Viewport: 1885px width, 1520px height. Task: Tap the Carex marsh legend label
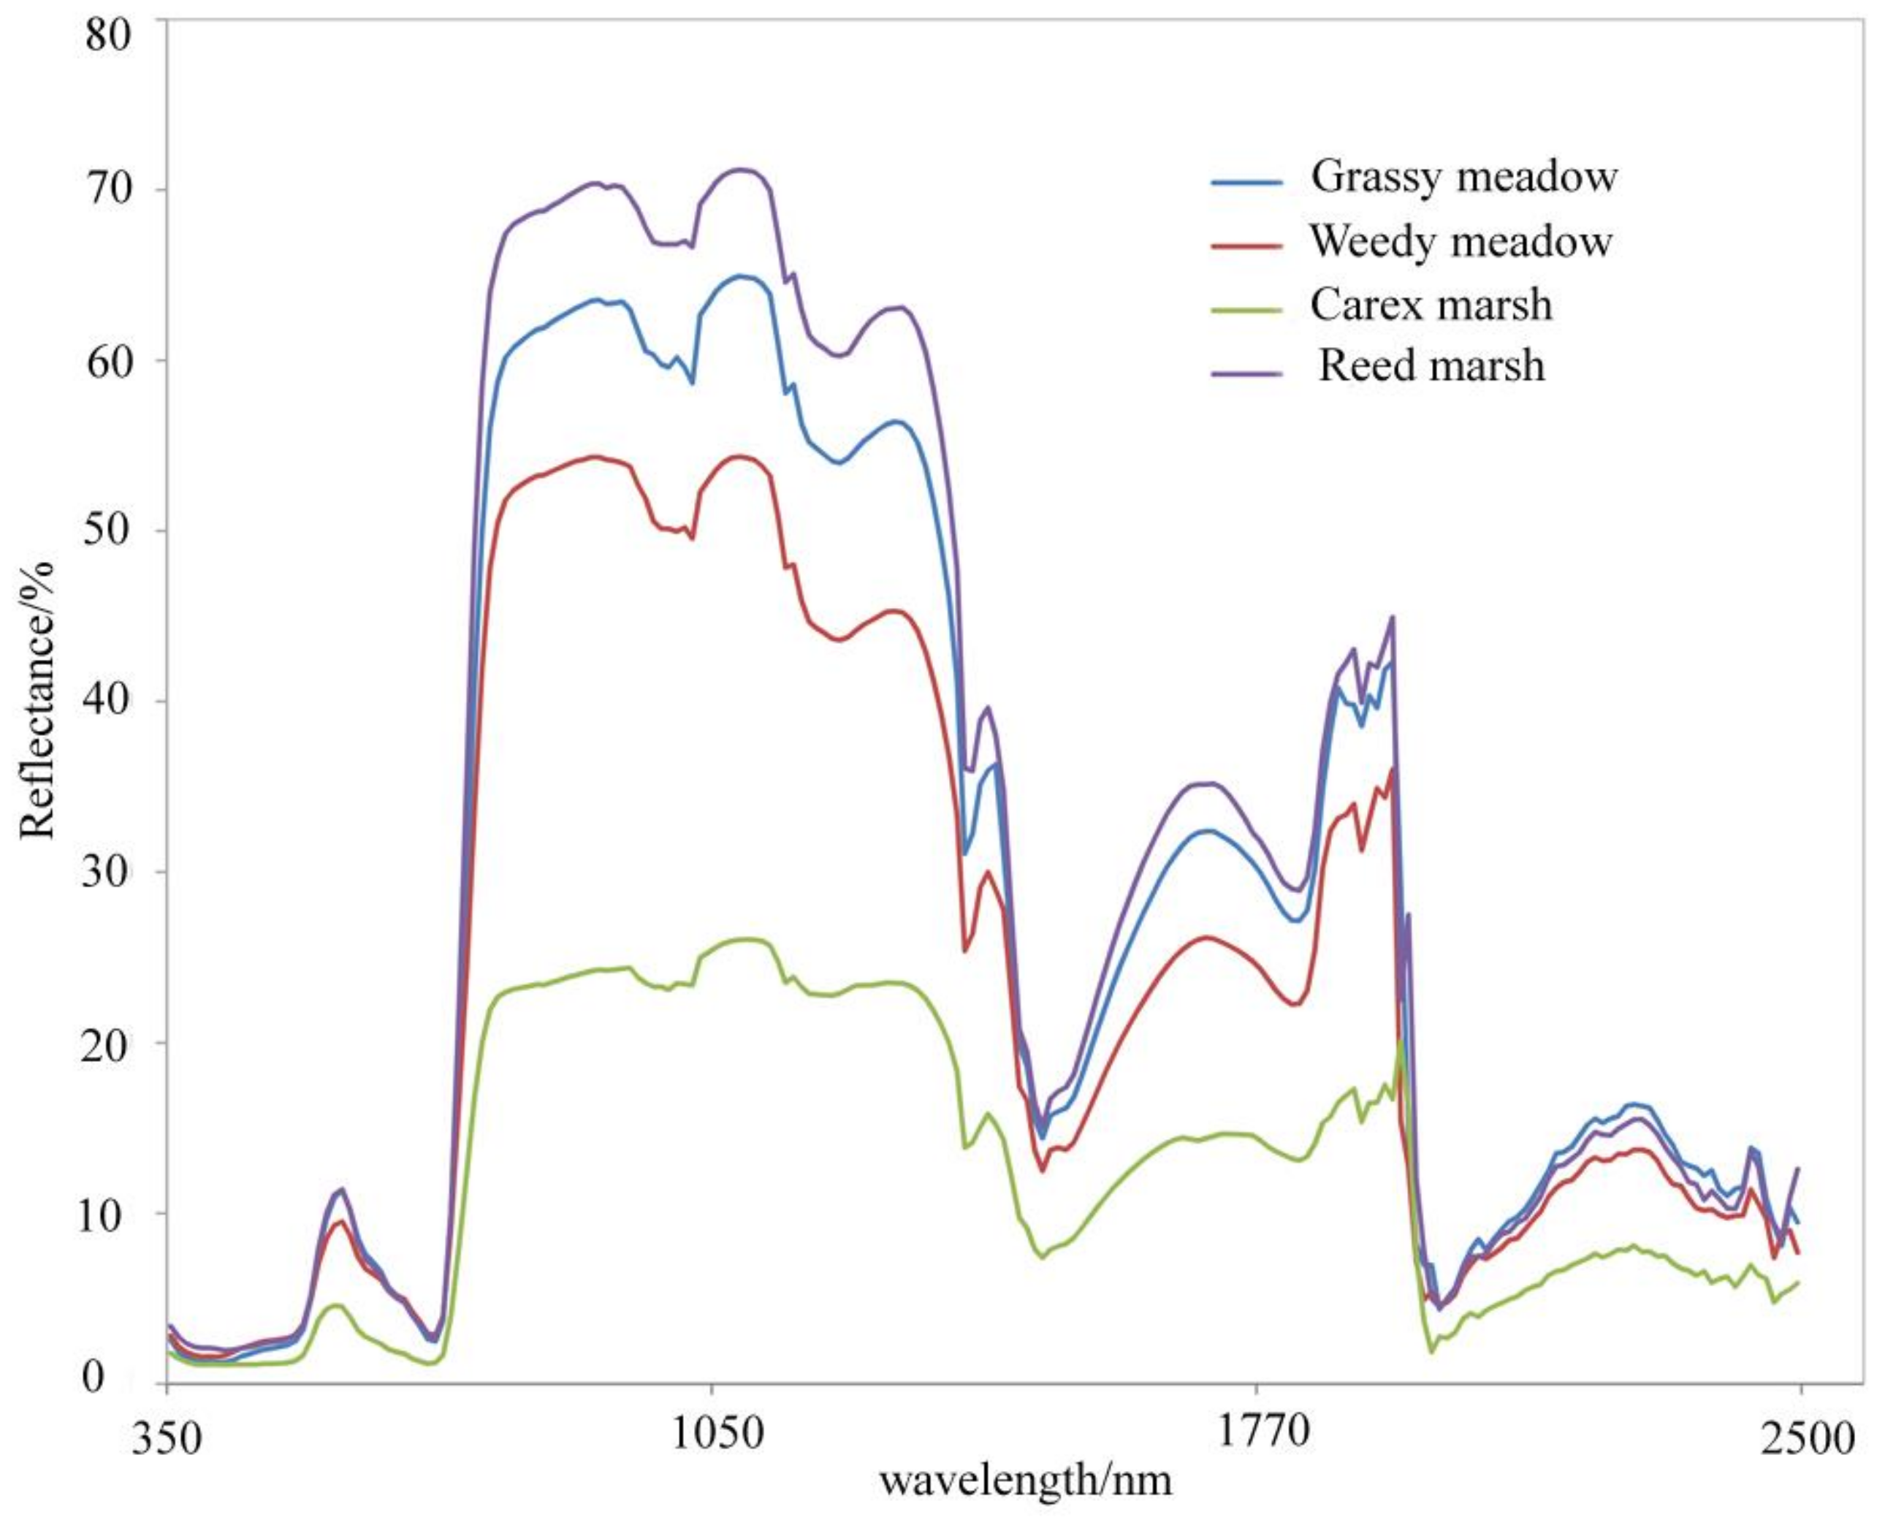(1431, 305)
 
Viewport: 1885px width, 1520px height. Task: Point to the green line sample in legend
(1246, 310)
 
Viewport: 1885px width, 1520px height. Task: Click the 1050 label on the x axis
(711, 1436)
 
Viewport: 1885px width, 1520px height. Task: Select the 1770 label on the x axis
(1257, 1436)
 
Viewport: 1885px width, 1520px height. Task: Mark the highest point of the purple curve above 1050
(742, 169)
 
